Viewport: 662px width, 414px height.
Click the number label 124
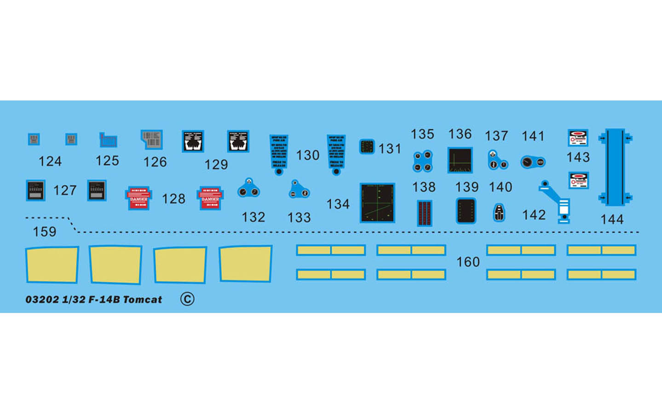[x=50, y=161]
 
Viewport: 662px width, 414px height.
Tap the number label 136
[x=460, y=134]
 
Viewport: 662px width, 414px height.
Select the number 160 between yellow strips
[x=468, y=262]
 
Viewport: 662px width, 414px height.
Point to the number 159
[x=45, y=232]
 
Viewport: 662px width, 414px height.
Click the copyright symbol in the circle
[x=187, y=299]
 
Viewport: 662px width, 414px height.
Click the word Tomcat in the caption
[x=143, y=299]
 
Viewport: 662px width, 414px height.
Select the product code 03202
[x=42, y=299]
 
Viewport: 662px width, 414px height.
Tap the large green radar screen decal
[x=377, y=203]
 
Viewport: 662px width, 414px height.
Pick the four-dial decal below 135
[x=422, y=161]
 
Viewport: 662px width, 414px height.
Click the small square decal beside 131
[x=367, y=147]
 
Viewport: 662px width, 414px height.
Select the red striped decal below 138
[x=424, y=213]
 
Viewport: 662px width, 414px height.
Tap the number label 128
[x=173, y=199]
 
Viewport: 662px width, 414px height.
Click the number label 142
[x=534, y=215]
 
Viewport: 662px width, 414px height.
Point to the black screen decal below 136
[x=460, y=160]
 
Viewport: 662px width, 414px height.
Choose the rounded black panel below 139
[x=466, y=211]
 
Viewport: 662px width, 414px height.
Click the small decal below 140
[x=499, y=213]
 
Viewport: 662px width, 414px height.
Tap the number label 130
[x=308, y=155]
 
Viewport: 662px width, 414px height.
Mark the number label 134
[x=338, y=204]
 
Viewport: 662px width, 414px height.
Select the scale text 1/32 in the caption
[x=74, y=299]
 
